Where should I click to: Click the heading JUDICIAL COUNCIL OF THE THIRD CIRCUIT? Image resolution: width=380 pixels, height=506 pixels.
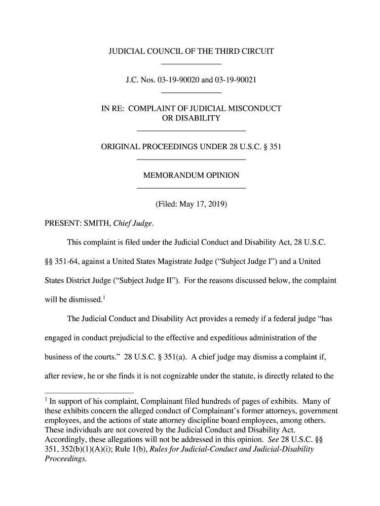(191, 51)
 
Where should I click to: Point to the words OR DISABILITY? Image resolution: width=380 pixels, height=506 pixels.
(191, 118)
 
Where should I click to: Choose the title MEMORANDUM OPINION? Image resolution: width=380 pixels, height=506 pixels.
(191, 175)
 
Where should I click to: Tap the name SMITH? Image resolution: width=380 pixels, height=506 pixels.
(100, 223)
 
